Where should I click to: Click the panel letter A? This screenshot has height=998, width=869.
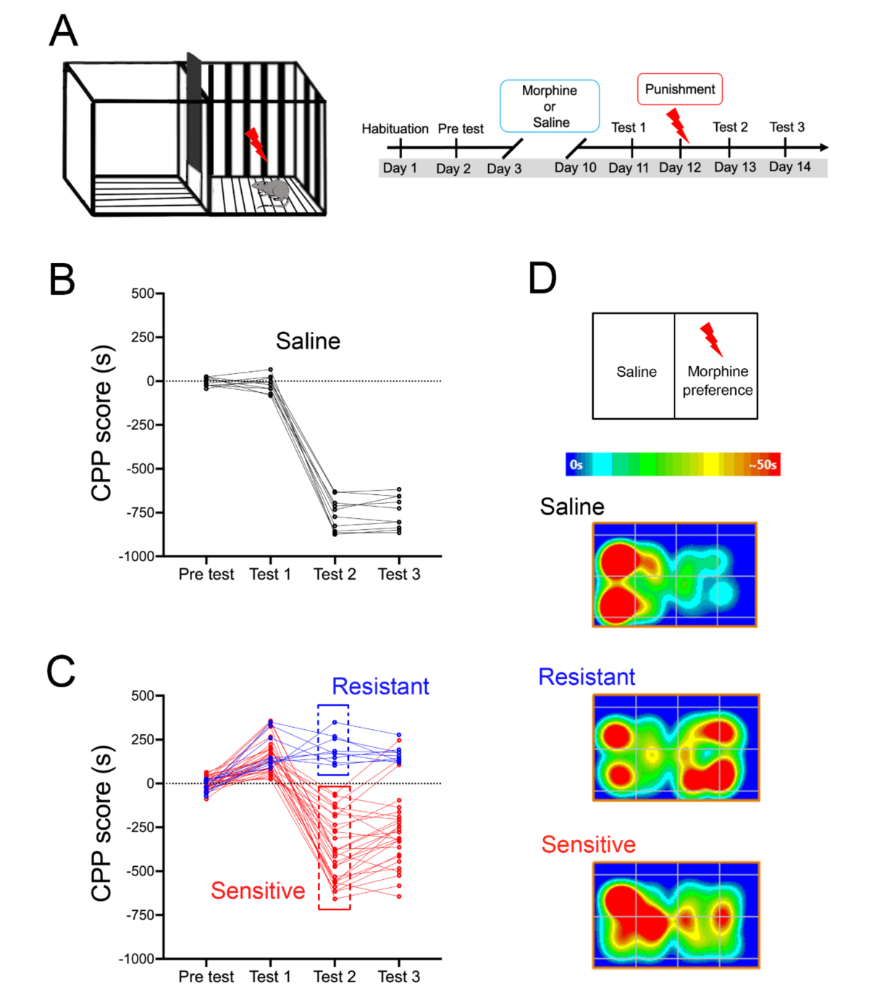coord(64,31)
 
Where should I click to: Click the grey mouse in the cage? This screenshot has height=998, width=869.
coord(272,191)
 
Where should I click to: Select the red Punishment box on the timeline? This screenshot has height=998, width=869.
coord(679,89)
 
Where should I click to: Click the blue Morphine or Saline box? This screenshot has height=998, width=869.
coord(550,106)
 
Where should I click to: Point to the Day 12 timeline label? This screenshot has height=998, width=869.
coord(679,167)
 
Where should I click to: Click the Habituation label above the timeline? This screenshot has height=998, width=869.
coord(395,129)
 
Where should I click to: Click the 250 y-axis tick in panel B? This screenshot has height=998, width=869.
coord(143,338)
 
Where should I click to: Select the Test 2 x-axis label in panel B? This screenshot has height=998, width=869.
coord(335,575)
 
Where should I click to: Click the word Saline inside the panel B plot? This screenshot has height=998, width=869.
coord(308,341)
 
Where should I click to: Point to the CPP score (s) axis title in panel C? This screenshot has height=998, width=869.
coord(102,823)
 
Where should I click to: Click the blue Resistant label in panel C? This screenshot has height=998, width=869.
coord(380,686)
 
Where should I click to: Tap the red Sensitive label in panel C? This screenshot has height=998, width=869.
coord(258,891)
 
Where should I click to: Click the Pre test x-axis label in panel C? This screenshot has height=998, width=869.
coord(206,977)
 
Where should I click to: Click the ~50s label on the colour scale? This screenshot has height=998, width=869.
coord(763,465)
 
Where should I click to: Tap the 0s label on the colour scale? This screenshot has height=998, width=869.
coord(576,465)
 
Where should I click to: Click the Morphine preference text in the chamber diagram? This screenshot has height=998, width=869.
coord(717,381)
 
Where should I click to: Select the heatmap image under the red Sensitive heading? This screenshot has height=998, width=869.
coord(676,915)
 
